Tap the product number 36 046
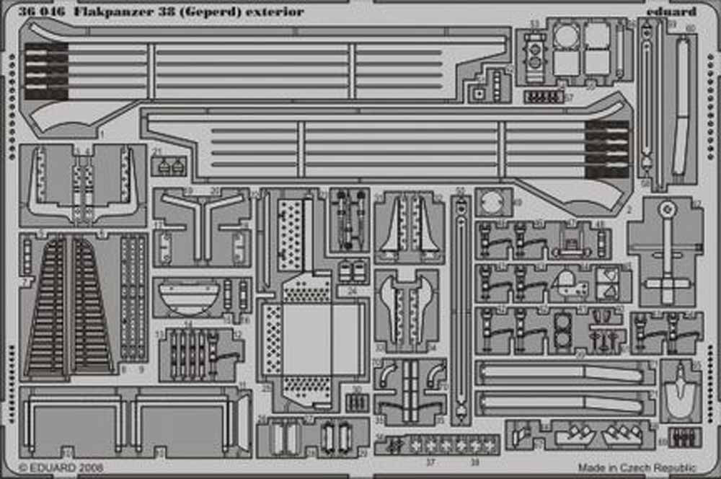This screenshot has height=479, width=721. [43, 11]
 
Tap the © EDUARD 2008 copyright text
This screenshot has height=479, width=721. [61, 467]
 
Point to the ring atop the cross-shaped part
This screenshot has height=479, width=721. [668, 209]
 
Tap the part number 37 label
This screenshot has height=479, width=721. [430, 462]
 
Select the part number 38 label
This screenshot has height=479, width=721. [475, 462]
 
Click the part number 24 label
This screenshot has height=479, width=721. [351, 291]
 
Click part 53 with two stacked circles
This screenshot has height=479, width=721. [534, 52]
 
